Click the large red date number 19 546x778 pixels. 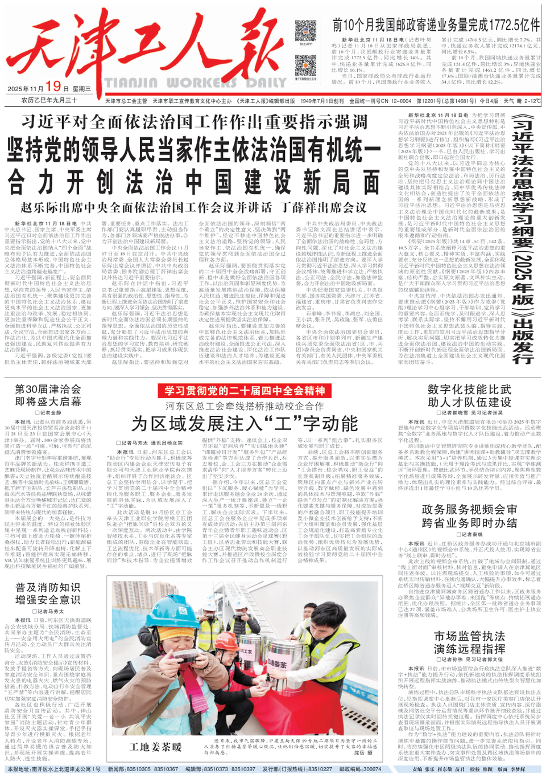(x=53, y=86)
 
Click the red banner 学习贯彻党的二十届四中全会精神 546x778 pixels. (x=245, y=391)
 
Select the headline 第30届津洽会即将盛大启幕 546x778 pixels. (x=48, y=395)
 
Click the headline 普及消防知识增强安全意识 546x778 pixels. (x=48, y=593)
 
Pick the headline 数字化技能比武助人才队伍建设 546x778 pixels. (x=469, y=395)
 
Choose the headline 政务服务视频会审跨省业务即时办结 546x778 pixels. (x=469, y=516)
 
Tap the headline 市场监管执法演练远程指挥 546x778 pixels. (x=469, y=642)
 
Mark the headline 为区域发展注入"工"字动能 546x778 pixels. (x=245, y=423)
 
